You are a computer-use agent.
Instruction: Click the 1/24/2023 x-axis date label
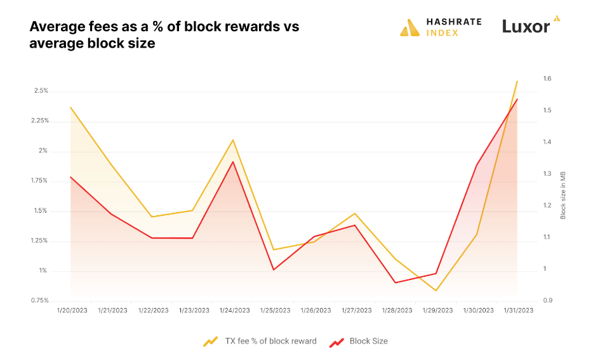234,310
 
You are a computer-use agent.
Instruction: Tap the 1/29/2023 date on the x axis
437,310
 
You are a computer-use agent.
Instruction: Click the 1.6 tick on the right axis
547,79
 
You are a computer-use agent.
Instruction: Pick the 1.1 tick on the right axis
547,237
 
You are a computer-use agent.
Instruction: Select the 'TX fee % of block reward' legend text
270,341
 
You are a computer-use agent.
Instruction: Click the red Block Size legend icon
336,342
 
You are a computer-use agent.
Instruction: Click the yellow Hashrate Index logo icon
410,27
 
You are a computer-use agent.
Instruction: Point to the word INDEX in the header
443,32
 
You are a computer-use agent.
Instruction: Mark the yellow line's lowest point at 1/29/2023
436,291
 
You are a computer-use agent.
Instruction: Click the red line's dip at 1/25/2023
274,270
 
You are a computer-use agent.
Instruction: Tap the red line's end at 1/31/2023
517,99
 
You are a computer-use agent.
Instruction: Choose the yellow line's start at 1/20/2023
70,107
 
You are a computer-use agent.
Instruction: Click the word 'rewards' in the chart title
231,27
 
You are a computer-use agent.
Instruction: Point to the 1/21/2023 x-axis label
112,310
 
